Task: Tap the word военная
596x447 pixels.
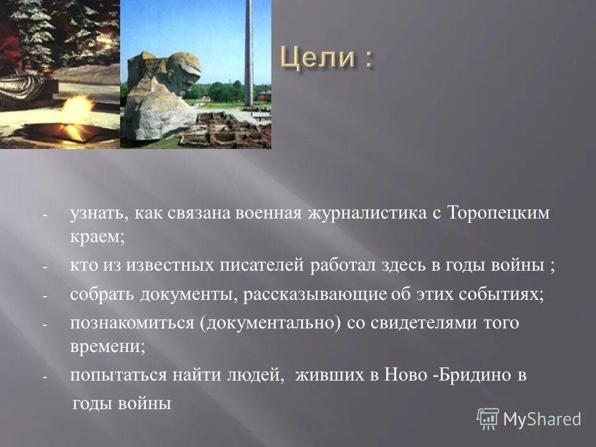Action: (268, 214)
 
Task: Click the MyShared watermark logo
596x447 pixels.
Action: (529, 419)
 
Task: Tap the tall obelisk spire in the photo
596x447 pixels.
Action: (248, 50)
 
